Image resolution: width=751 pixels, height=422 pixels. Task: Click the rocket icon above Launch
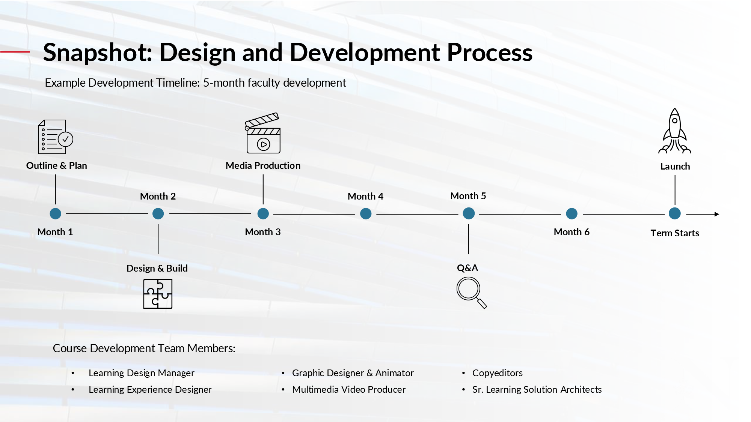pyautogui.click(x=675, y=131)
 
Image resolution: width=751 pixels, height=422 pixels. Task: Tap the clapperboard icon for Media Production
pyautogui.click(x=263, y=134)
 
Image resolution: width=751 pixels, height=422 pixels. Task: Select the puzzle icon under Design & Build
pyautogui.click(x=158, y=294)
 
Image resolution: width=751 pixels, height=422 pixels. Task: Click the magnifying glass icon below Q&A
pyautogui.click(x=471, y=292)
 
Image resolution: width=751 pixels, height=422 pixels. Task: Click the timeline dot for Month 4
pyautogui.click(x=366, y=214)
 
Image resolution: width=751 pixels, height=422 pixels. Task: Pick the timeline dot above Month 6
pyautogui.click(x=572, y=214)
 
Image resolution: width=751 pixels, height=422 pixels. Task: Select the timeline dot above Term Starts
pyautogui.click(x=675, y=213)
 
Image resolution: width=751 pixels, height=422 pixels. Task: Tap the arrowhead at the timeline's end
pyautogui.click(x=716, y=214)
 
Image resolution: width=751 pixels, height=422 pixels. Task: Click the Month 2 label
pyautogui.click(x=158, y=196)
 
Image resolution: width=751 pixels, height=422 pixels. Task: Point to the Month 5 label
pyautogui.click(x=468, y=196)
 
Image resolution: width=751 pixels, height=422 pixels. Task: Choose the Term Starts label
pyautogui.click(x=675, y=233)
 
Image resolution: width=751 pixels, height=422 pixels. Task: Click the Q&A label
pyautogui.click(x=467, y=268)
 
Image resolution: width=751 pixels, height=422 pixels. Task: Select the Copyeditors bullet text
pyautogui.click(x=497, y=373)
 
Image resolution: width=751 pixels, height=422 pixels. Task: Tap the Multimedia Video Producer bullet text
pyautogui.click(x=349, y=389)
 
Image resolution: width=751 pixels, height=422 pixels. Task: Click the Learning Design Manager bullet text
pyautogui.click(x=142, y=373)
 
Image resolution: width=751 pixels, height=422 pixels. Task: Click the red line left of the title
pyautogui.click(x=15, y=52)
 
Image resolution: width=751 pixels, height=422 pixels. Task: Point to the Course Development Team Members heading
pyautogui.click(x=144, y=348)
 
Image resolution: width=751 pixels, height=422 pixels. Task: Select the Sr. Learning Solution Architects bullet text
pyautogui.click(x=537, y=389)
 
